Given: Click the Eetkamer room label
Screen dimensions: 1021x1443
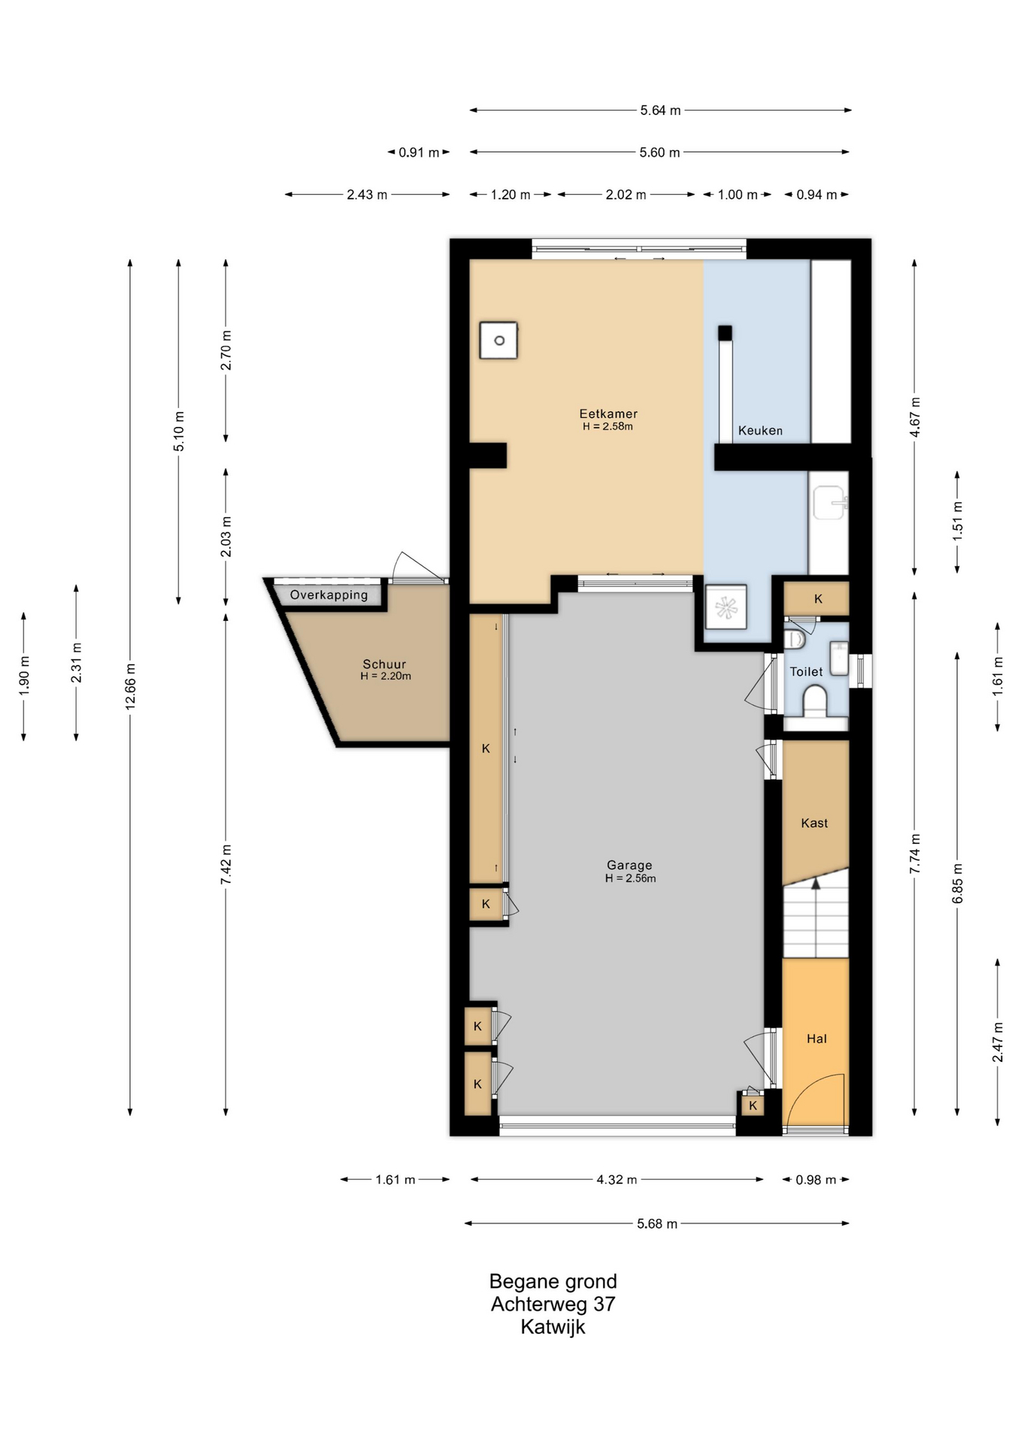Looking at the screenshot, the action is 608,414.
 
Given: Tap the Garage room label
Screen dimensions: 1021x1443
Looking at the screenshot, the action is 629,866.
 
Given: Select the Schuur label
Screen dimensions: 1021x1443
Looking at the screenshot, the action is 384,664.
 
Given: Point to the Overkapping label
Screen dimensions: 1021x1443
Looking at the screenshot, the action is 329,595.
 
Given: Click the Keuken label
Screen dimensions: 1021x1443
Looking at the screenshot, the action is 760,431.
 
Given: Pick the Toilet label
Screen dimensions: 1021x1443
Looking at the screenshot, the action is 806,672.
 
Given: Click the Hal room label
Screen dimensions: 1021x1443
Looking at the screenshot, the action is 816,1039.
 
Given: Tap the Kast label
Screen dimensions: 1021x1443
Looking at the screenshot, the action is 814,824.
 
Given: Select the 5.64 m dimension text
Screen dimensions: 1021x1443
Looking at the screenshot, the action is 660,110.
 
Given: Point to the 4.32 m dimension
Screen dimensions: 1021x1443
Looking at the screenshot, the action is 617,1180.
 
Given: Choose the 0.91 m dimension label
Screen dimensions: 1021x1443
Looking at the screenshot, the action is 419,153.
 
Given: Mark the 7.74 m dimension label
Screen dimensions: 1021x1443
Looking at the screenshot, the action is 915,854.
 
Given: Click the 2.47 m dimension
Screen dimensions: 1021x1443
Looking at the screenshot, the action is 998,1042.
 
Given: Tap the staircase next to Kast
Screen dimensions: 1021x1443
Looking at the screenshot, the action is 816,921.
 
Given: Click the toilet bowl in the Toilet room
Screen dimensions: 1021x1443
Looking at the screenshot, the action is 815,702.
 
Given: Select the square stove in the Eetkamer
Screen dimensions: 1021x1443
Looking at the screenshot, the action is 499,340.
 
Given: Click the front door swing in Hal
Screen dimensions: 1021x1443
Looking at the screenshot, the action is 814,1102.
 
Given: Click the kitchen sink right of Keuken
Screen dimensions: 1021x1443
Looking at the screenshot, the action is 829,503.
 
